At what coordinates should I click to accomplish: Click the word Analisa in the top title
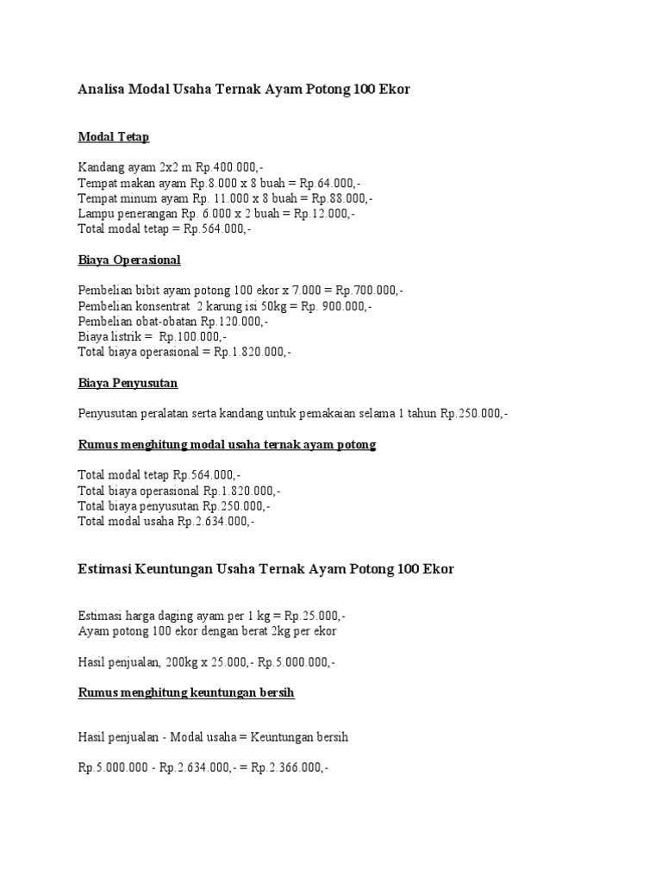pos(101,89)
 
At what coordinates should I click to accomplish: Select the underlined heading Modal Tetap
pos(113,136)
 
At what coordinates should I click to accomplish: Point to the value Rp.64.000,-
pos(331,184)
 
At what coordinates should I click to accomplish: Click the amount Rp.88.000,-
pos(342,199)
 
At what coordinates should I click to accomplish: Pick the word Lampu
pos(95,215)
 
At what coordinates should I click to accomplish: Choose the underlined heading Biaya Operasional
pos(129,260)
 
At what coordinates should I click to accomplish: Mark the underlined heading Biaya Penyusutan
pos(128,383)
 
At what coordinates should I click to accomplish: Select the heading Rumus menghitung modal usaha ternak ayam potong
pos(227,445)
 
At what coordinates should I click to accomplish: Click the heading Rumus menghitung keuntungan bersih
pos(186,692)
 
